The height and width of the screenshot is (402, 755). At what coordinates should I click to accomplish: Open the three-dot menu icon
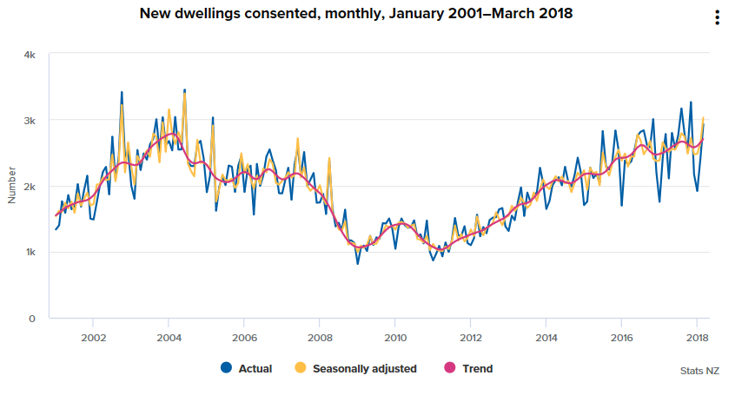click(717, 18)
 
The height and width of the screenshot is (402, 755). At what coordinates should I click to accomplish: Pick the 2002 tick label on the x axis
click(93, 337)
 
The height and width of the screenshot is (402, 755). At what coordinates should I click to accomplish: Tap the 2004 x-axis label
click(169, 337)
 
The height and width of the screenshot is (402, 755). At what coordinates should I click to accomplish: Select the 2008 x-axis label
click(320, 337)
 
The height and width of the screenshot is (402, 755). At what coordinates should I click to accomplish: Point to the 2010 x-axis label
click(395, 337)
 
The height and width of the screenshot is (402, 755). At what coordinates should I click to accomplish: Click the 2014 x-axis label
click(546, 337)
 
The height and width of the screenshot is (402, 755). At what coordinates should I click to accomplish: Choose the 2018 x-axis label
click(697, 337)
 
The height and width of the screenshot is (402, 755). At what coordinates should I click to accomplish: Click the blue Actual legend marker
click(227, 368)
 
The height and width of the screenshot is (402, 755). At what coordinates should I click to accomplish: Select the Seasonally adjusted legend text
click(364, 369)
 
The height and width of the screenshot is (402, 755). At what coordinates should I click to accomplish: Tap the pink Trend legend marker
click(453, 368)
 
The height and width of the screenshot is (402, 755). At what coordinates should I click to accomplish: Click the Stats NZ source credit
click(699, 371)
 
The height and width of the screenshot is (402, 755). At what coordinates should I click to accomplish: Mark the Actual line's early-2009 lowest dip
click(358, 263)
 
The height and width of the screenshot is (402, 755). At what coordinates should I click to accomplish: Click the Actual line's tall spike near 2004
click(184, 89)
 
